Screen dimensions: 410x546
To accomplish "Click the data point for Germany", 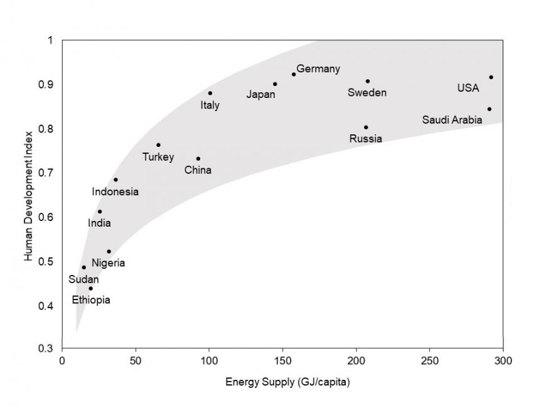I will click(x=294, y=74).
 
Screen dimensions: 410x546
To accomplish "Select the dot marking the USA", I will click(x=491, y=77).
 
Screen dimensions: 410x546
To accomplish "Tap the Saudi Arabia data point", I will click(x=489, y=109).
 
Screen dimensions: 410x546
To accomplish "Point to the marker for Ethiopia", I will click(x=90, y=289).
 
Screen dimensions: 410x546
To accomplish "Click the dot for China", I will click(x=198, y=159).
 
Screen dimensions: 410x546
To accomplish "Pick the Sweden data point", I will click(x=368, y=81).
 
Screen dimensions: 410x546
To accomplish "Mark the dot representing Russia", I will click(x=366, y=127).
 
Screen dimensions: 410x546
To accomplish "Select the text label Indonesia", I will click(x=115, y=192).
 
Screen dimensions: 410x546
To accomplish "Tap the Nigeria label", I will click(x=108, y=263).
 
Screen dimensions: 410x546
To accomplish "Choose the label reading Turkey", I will click(x=158, y=157).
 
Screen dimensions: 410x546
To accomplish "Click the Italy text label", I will click(x=210, y=105).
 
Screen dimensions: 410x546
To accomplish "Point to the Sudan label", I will click(x=83, y=279).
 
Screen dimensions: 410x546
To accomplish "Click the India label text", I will click(x=99, y=223).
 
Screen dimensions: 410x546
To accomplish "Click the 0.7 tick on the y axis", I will click(x=50, y=173).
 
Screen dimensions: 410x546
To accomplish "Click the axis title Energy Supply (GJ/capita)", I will click(x=284, y=380).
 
